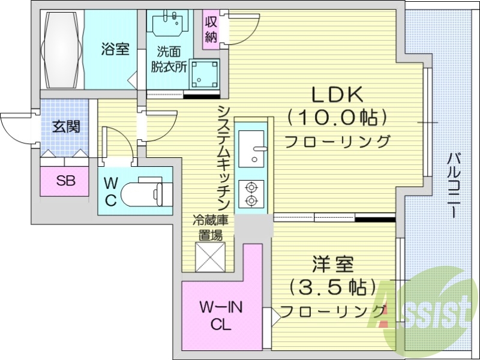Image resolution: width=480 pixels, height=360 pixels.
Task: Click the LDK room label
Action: click(x=337, y=95)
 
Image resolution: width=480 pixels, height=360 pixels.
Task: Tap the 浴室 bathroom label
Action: click(x=115, y=49)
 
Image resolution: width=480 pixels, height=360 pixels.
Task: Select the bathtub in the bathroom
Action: click(x=62, y=50)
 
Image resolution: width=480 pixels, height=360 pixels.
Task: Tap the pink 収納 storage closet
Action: click(x=211, y=29)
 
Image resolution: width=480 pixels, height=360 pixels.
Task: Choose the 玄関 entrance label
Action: click(x=66, y=127)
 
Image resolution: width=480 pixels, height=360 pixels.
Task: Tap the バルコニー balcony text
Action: click(x=454, y=186)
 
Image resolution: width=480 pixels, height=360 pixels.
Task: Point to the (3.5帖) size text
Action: click(x=332, y=287)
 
